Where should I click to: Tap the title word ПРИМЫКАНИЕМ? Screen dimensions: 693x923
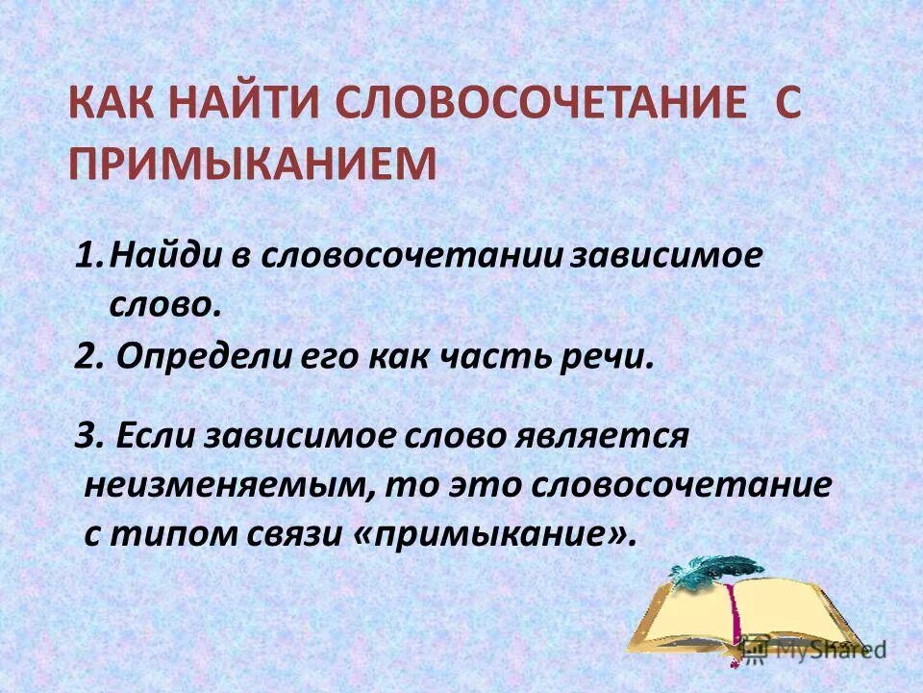[x=251, y=163]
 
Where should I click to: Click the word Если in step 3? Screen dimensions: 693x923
[x=153, y=435]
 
